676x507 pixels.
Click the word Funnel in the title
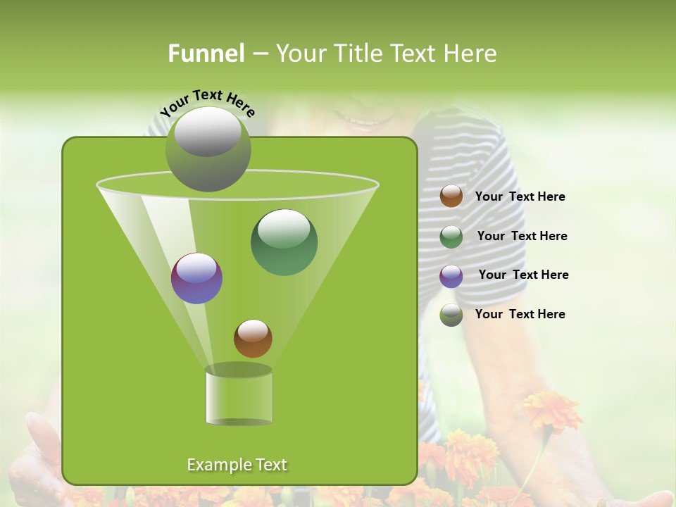(x=206, y=54)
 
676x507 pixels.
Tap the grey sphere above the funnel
(x=208, y=149)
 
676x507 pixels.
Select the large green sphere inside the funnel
(x=284, y=242)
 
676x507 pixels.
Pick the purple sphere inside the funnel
(x=196, y=278)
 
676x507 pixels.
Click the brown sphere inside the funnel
(x=253, y=338)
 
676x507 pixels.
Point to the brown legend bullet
(x=451, y=196)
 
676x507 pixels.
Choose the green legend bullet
(x=451, y=237)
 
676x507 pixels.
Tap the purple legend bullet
(x=451, y=276)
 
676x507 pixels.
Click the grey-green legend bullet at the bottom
(x=451, y=315)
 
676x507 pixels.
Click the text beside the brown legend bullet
(x=520, y=196)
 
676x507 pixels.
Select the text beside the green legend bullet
(x=522, y=236)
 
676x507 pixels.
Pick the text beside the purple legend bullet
(x=523, y=275)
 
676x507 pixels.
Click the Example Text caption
(x=237, y=465)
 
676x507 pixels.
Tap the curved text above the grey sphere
(x=207, y=102)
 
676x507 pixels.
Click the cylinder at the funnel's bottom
(x=239, y=398)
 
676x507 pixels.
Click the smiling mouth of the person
(x=363, y=120)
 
